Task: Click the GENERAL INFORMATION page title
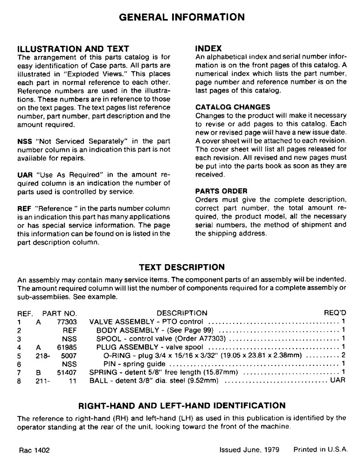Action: pos(182,17)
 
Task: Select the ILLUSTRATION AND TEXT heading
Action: pos(73,48)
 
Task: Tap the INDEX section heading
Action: pos(208,48)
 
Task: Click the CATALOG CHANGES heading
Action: pos(233,107)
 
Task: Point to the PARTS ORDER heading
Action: pos(221,191)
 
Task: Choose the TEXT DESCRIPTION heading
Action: pos(182,267)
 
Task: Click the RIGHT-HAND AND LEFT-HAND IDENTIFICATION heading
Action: pos(182,405)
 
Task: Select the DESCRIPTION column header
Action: pos(182,313)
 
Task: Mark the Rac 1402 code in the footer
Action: pos(35,451)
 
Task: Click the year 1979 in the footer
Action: pos(271,451)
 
